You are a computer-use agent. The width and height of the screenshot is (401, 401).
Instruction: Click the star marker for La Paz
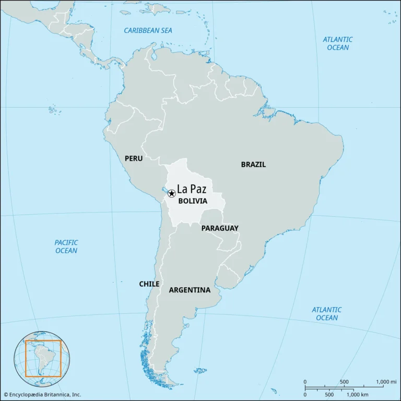(x=171, y=194)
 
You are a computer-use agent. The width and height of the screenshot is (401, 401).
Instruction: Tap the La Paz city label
(x=192, y=188)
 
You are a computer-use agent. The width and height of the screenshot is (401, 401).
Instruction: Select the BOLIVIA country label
(x=193, y=200)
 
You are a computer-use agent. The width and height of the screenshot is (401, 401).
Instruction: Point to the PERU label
(x=134, y=158)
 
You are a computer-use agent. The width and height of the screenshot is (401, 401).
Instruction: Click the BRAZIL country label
(x=253, y=164)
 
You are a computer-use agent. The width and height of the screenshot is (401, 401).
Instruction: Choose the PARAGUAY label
(x=220, y=228)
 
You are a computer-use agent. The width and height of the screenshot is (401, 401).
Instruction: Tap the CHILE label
(x=149, y=284)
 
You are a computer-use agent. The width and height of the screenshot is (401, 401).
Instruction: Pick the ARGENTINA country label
(x=190, y=290)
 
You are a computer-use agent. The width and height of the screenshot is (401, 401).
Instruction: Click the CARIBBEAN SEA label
(x=148, y=30)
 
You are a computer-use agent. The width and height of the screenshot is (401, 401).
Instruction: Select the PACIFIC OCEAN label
(x=66, y=246)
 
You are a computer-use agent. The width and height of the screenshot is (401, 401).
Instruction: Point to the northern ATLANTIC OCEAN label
(x=337, y=43)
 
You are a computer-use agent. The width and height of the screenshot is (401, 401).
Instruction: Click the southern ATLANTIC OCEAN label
(x=327, y=314)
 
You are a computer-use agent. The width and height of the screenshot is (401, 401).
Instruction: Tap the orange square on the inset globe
(x=43, y=358)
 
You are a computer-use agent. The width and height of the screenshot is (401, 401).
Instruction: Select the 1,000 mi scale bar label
(x=386, y=382)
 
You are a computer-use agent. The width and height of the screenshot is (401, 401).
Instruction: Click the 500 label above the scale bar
(x=344, y=382)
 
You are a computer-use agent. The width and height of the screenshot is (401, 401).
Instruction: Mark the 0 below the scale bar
(x=305, y=394)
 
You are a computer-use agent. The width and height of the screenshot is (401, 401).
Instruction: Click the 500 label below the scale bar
(x=329, y=394)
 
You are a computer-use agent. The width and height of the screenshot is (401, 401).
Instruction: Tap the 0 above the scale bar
(x=305, y=382)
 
